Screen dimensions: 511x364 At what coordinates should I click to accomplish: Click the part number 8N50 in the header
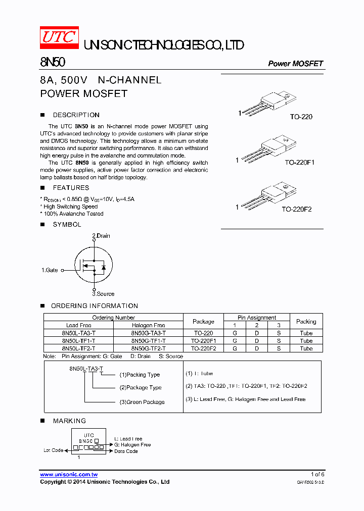point(52,63)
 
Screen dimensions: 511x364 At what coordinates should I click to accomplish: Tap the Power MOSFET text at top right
point(295,64)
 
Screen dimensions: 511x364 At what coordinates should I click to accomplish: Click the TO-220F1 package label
point(299,163)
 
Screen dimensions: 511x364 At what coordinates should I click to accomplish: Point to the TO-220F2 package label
point(297,209)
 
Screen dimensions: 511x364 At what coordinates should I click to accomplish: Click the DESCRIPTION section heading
point(76,115)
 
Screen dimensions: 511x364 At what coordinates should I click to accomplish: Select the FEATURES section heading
point(71,188)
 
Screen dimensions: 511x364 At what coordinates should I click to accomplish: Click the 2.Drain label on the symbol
point(101,236)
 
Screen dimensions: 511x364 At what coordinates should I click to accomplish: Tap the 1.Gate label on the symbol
point(50,270)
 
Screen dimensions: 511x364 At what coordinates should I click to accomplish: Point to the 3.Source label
point(103,294)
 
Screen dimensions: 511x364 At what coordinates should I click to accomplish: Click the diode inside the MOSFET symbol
point(103,267)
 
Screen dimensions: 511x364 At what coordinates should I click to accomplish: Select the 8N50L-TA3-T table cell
point(78,333)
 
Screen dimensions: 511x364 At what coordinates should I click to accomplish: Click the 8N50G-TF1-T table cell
point(148,341)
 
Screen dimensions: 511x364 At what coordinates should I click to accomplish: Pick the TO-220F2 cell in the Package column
point(203,348)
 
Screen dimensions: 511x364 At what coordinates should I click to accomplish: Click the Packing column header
point(306,321)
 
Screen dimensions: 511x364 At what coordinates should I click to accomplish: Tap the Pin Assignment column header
point(257,318)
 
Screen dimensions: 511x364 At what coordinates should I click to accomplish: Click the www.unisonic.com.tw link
point(69,475)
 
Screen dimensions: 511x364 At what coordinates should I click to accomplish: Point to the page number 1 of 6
point(317,475)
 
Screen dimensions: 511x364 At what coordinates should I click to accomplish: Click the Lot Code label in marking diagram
point(54,450)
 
